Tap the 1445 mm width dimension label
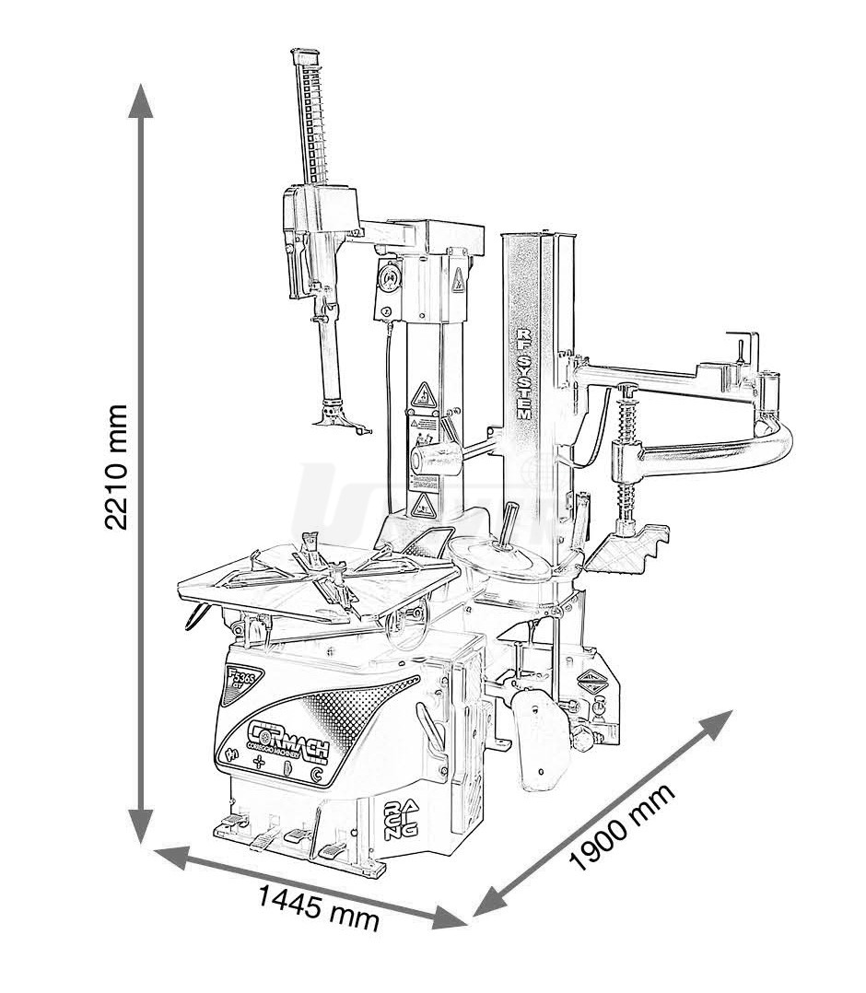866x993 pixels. coord(318,905)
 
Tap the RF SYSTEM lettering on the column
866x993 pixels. coord(522,375)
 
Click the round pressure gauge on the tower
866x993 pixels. coord(391,274)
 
